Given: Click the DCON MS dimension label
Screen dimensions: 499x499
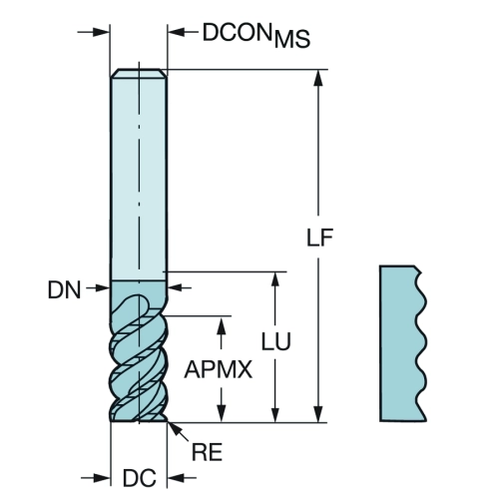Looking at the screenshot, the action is point(256,35).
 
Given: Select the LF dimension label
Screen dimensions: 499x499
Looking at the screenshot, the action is point(319,238).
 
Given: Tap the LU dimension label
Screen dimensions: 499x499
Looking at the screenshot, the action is point(275,341).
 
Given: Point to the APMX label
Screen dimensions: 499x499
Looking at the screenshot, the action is point(219,369).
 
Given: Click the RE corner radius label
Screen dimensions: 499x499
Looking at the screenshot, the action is point(207,452).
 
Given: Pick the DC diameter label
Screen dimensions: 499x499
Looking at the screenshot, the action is point(139,478).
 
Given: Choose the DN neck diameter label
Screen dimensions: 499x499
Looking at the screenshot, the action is point(64,289).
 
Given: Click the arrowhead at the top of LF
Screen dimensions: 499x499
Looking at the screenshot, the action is point(318,78).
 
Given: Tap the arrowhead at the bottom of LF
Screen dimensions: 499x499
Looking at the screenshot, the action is point(318,414).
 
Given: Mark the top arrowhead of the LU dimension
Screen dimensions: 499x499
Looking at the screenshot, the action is point(275,279).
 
